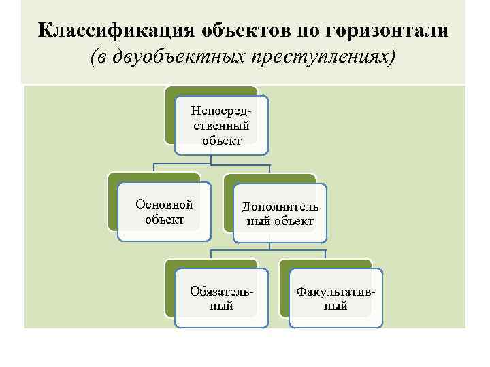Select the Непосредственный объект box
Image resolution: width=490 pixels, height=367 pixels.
coord(221,125)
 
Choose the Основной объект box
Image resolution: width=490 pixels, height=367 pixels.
coord(164,211)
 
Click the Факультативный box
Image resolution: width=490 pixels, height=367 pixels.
coord(336,298)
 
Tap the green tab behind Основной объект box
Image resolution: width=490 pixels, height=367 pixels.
coord(112,204)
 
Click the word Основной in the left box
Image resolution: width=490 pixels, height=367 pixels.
coord(164,205)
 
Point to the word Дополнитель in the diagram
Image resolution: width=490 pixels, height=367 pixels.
coord(280,207)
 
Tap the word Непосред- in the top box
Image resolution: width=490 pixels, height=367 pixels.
coord(221,110)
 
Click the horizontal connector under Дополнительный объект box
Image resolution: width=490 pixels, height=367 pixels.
coord(268,251)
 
